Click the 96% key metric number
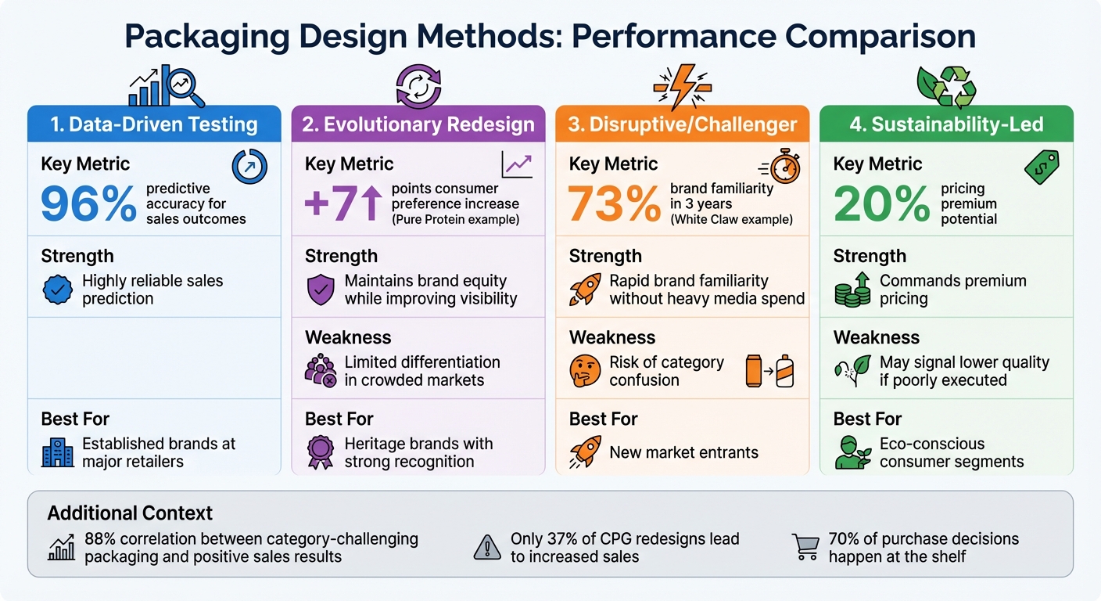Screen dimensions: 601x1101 pyautogui.click(x=88, y=205)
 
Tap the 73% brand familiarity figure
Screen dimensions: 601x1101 pyautogui.click(x=615, y=205)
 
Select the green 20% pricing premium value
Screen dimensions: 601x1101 pyautogui.click(x=880, y=205)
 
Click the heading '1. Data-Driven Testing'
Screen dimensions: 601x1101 pyautogui.click(x=154, y=124)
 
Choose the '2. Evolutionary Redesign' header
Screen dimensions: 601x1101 pyautogui.click(x=418, y=124)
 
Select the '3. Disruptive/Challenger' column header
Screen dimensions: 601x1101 pyautogui.click(x=683, y=124)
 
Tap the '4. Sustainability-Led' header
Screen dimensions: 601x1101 pyautogui.click(x=946, y=124)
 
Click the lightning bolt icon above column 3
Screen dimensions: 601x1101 pyautogui.click(x=682, y=85)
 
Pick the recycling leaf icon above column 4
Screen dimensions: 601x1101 pyautogui.click(x=946, y=85)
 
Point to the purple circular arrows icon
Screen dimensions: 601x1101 pyautogui.click(x=419, y=85)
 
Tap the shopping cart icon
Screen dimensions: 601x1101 pyautogui.click(x=805, y=546)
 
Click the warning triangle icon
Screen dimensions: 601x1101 pyautogui.click(x=487, y=548)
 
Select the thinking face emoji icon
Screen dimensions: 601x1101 pyautogui.click(x=584, y=370)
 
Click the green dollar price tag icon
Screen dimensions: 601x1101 pyautogui.click(x=1042, y=167)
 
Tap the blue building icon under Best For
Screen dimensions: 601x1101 pyautogui.click(x=58, y=452)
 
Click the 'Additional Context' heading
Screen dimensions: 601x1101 pyautogui.click(x=130, y=513)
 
